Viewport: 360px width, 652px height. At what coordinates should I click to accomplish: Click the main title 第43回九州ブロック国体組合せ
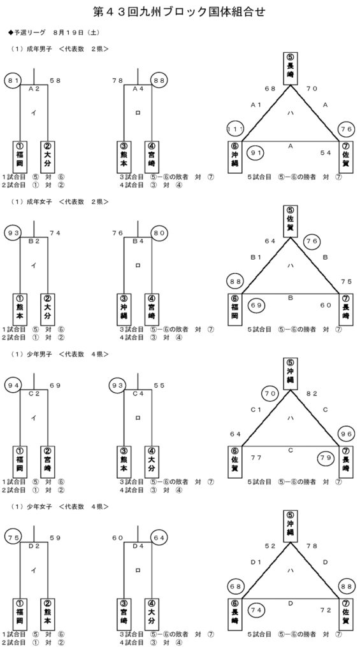click(180, 12)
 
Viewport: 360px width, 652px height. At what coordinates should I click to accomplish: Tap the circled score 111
click(235, 129)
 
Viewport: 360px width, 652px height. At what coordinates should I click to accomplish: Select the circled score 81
click(13, 81)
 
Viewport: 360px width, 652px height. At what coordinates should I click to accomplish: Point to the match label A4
click(138, 89)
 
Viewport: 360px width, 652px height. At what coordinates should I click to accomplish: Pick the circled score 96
click(347, 434)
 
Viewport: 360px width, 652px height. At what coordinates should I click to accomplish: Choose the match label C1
click(256, 409)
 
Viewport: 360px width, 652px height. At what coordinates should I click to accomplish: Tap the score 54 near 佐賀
click(326, 153)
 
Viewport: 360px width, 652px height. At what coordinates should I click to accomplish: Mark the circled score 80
click(159, 233)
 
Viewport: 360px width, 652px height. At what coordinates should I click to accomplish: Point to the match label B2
click(34, 241)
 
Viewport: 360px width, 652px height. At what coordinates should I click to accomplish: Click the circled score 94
click(13, 385)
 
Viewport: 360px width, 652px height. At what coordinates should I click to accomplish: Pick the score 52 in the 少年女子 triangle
click(271, 546)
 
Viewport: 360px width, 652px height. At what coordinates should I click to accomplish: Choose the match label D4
click(138, 546)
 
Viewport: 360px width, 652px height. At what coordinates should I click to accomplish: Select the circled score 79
click(326, 458)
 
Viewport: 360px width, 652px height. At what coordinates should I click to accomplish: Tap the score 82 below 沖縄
click(312, 393)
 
